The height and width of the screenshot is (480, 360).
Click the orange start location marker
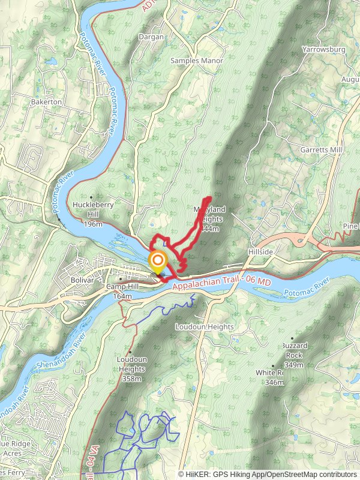pyautogui.click(x=157, y=261)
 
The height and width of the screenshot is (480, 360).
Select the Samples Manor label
pyautogui.click(x=197, y=61)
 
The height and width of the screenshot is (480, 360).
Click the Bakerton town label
pyautogui.click(x=46, y=102)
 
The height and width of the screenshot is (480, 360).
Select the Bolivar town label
pyautogui.click(x=82, y=280)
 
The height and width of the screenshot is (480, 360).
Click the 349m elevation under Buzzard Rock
pyautogui.click(x=293, y=365)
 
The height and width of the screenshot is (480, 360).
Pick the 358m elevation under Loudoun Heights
pyautogui.click(x=131, y=379)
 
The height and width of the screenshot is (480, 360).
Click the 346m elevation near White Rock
pyautogui.click(x=274, y=382)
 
